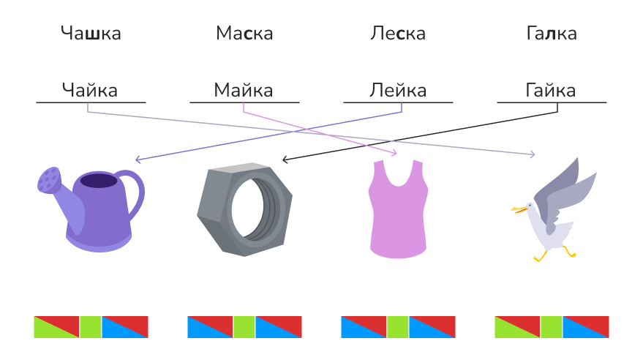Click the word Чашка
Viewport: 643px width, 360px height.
[91, 34]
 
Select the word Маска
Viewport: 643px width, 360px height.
[244, 34]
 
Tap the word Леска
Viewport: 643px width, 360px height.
[398, 34]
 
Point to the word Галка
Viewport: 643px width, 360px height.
[551, 34]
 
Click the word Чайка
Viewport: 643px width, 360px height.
[90, 91]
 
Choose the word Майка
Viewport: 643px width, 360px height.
[244, 91]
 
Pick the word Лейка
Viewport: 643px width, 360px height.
[398, 91]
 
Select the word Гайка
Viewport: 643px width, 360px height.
[551, 91]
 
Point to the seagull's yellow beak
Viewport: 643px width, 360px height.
[519, 210]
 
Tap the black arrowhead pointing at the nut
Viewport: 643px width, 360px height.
[285, 159]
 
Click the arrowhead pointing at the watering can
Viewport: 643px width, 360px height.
[138, 159]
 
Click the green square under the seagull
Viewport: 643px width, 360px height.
[552, 326]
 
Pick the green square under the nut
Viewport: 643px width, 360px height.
[244, 326]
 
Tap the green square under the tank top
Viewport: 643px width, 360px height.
[398, 326]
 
